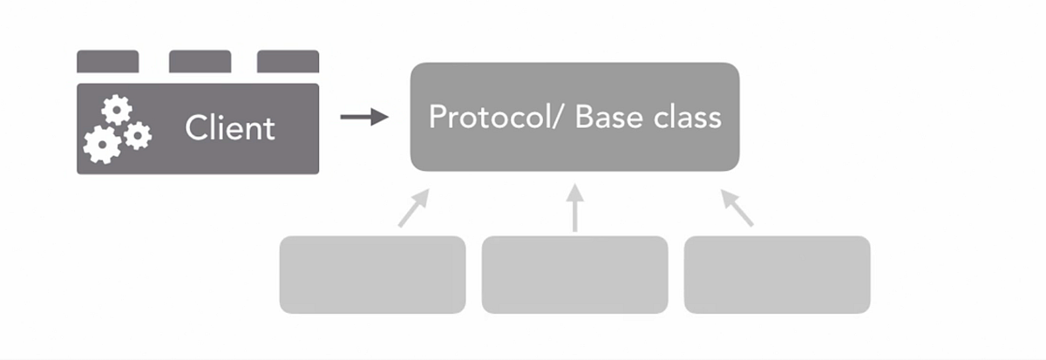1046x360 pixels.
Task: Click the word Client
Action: click(x=230, y=129)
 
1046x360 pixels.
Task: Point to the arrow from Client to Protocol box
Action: click(x=363, y=117)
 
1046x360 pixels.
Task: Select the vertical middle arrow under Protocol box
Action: click(x=574, y=207)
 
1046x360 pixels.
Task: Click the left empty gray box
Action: click(x=372, y=275)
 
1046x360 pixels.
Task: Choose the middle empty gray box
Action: click(x=574, y=275)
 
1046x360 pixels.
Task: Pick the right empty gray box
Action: click(x=777, y=275)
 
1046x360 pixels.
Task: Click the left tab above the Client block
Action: click(x=107, y=61)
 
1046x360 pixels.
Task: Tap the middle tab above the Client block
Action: click(x=200, y=61)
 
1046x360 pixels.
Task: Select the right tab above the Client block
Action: click(x=288, y=61)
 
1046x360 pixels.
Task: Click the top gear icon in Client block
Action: click(x=117, y=110)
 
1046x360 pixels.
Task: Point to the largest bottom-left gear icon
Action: click(x=102, y=145)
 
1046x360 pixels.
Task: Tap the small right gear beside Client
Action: click(x=137, y=135)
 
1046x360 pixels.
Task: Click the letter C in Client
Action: click(x=195, y=129)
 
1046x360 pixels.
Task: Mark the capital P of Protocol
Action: click(x=438, y=117)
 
